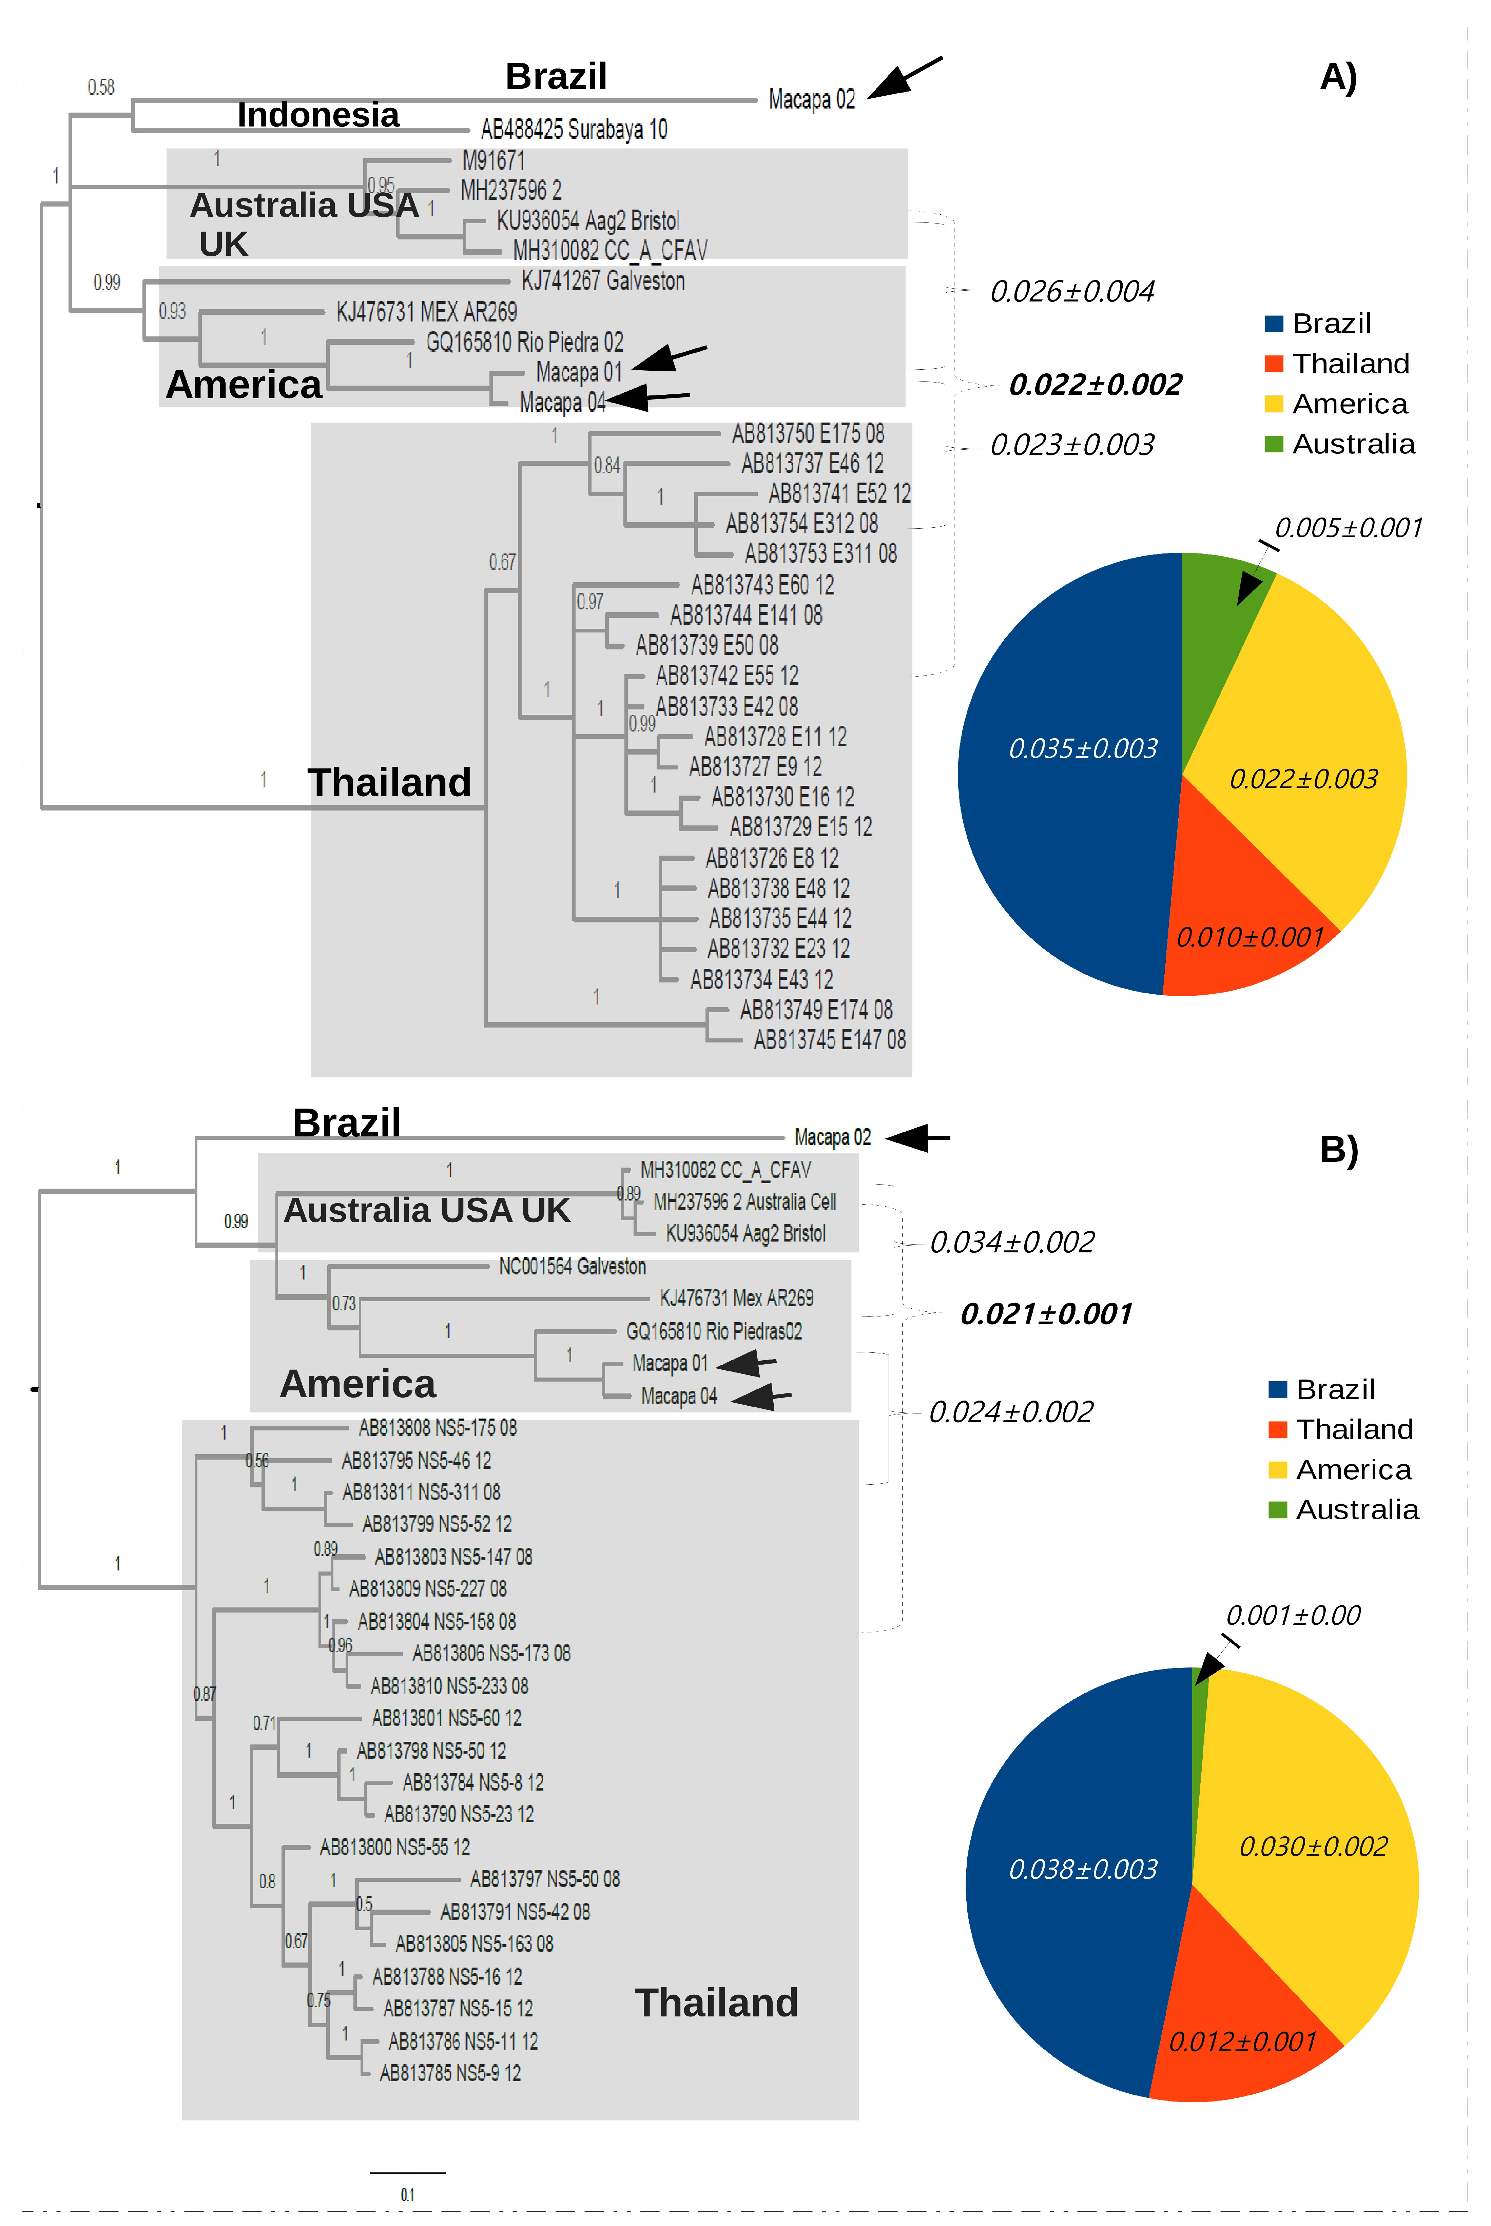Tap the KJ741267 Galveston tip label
603,281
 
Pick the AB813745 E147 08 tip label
829,1040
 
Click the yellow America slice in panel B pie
1312,1844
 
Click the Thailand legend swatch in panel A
1274,364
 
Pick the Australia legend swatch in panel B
1277,1509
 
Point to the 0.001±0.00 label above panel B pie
1292,1615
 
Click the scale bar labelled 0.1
407,2173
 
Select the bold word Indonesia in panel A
317,115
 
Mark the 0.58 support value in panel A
101,87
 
